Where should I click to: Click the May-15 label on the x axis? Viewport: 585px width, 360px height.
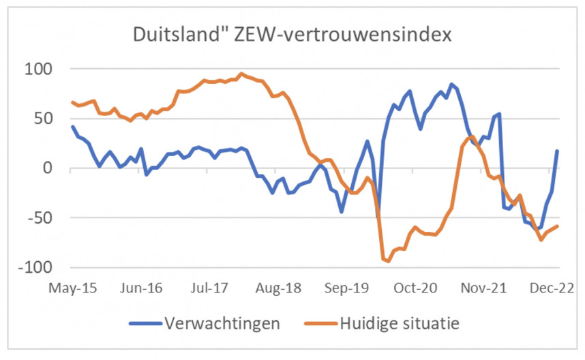pyautogui.click(x=72, y=288)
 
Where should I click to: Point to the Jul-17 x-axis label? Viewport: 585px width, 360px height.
pyautogui.click(x=211, y=288)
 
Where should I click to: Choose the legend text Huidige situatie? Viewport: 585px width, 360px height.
pyautogui.click(x=398, y=322)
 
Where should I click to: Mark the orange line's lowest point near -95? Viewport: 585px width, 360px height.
pyautogui.click(x=388, y=261)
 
